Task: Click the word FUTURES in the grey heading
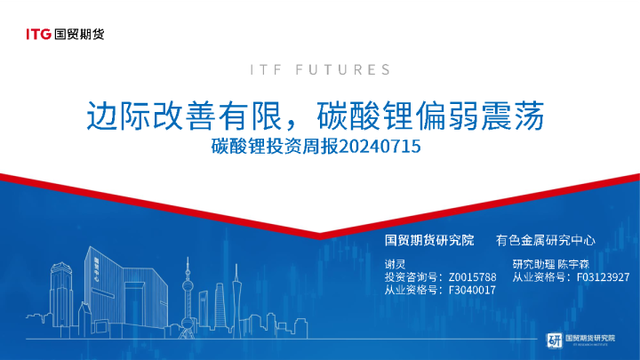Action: tap(342, 69)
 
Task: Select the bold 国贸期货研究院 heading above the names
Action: tap(428, 241)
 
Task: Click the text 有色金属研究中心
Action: tap(545, 241)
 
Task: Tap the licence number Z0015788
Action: tap(471, 277)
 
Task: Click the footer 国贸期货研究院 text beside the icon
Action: tap(590, 338)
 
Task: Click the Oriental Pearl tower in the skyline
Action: tap(188, 284)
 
